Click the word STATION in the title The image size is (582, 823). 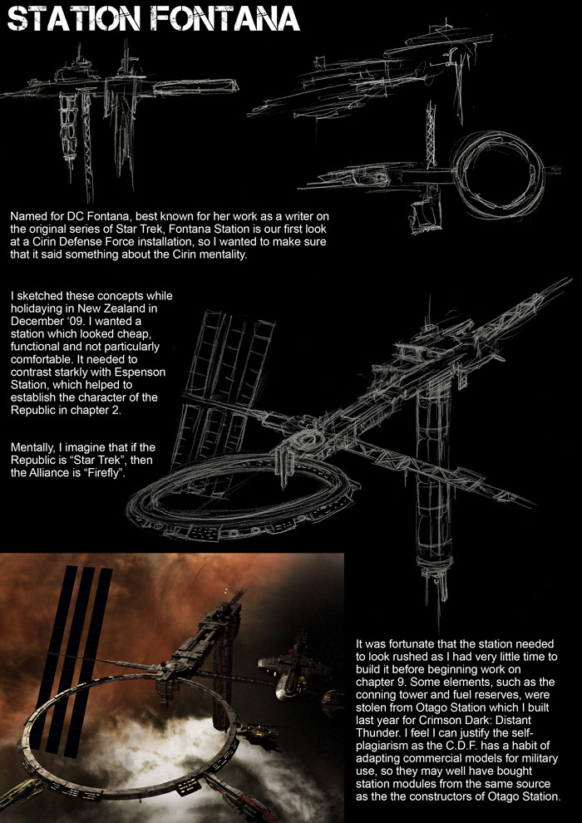73,20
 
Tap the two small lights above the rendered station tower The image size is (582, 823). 226,591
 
